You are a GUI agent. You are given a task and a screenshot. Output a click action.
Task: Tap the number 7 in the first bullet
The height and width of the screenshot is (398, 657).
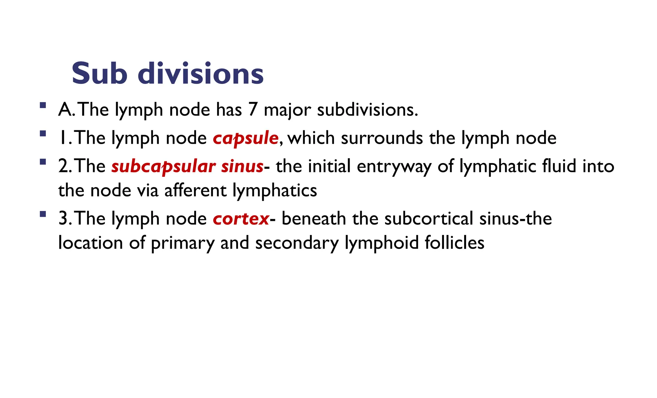(x=252, y=110)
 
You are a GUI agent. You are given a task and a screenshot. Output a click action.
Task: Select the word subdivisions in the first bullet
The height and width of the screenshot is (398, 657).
(x=367, y=110)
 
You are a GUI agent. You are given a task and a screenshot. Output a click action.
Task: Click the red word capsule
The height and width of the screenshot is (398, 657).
(x=245, y=138)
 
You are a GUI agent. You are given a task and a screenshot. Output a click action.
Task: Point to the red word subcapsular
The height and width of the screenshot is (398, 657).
(x=163, y=167)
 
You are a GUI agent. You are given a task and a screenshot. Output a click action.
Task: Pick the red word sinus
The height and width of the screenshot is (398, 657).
(x=242, y=167)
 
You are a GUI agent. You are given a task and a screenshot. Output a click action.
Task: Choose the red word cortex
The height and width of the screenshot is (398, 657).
(x=241, y=219)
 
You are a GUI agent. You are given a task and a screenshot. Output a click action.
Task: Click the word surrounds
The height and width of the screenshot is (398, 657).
(x=382, y=138)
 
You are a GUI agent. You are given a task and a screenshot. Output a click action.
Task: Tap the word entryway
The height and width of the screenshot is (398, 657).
(x=394, y=167)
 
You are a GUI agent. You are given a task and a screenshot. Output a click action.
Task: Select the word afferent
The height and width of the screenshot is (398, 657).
(x=195, y=191)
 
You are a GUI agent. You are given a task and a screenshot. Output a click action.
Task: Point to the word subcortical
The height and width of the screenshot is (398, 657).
(x=429, y=219)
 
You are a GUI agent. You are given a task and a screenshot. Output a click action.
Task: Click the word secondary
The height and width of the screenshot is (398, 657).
(x=297, y=243)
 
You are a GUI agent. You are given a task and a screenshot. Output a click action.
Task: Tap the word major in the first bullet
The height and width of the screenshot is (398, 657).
(x=287, y=110)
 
